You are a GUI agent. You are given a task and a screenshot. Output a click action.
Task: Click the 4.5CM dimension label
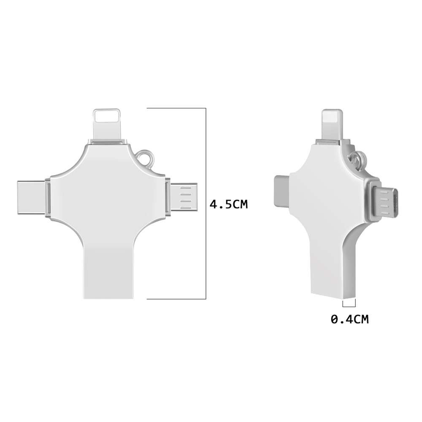point(228,205)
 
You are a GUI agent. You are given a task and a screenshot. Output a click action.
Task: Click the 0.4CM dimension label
point(349,319)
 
